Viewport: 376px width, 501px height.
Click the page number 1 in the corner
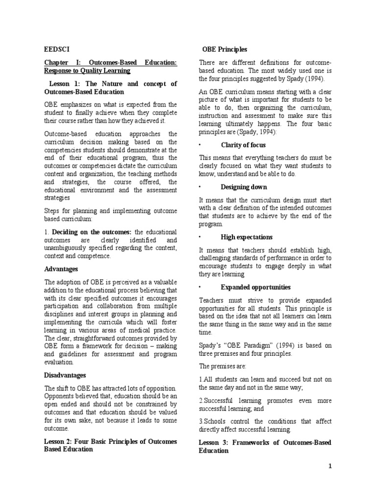tap(330, 466)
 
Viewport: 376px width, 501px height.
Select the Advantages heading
tap(61, 269)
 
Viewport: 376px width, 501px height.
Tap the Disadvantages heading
tap(65, 375)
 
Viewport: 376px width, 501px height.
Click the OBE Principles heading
tap(225, 49)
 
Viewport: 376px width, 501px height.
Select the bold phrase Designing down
tap(244, 187)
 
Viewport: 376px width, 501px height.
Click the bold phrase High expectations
tap(247, 237)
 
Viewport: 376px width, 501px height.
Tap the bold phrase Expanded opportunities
tap(256, 287)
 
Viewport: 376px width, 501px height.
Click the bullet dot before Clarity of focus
tap(200, 145)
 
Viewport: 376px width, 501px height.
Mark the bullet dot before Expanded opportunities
tap(200, 287)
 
